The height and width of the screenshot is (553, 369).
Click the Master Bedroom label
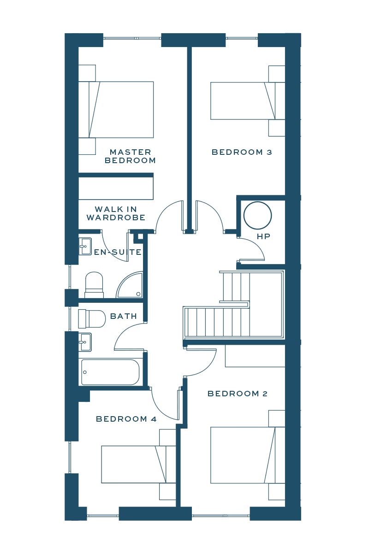point(130,156)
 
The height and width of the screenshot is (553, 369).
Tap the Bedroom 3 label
point(242,152)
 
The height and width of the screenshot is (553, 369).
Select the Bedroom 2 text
point(238,394)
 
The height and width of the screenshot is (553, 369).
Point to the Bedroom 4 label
point(126,419)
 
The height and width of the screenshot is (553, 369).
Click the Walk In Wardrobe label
point(116,213)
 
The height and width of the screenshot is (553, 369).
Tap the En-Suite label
point(118,253)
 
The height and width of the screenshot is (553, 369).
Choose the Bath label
point(124,316)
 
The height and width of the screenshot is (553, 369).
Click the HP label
point(263,236)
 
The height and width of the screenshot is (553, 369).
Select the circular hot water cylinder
point(258,215)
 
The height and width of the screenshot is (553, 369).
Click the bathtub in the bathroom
point(110,372)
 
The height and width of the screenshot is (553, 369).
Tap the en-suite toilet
point(95,284)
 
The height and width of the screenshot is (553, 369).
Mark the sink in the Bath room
point(85,342)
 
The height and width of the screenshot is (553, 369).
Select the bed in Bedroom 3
point(242,101)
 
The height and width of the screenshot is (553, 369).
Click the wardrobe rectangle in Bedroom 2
point(255,356)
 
